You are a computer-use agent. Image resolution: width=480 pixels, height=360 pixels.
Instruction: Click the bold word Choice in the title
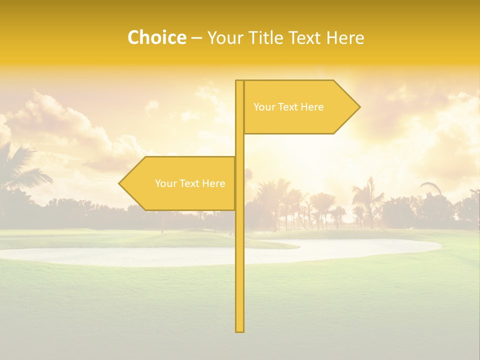pos(156,37)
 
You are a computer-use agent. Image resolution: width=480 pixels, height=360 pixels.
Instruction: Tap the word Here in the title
pos(345,37)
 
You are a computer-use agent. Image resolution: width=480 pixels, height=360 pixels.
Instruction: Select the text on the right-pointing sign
pos(288,107)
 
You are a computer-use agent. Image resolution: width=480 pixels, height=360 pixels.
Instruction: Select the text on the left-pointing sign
pos(190,183)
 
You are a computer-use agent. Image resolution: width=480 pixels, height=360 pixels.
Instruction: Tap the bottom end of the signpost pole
pos(240,329)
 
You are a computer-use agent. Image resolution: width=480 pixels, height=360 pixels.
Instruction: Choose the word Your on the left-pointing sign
pos(165,183)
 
